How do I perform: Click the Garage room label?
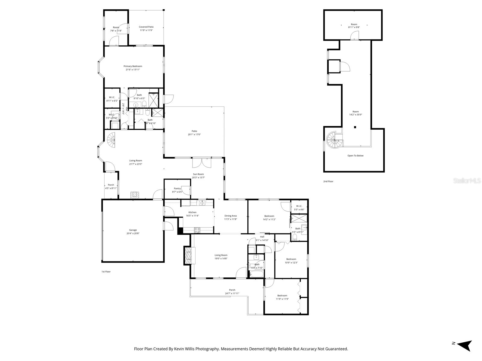tap(133, 230)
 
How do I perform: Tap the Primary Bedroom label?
tap(133, 66)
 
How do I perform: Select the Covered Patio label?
tap(146, 27)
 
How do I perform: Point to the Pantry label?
tap(177, 189)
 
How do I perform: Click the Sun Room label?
tap(198, 174)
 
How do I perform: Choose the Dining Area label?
tap(230, 216)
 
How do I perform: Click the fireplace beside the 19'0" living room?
tap(189, 255)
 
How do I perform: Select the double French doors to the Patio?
tap(202, 163)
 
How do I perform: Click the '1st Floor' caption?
tap(106, 272)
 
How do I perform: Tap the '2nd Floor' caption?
tap(328, 181)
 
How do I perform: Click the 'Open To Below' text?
tap(355, 156)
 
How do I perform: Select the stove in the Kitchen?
tap(197, 230)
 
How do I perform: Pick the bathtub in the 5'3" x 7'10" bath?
tap(256, 274)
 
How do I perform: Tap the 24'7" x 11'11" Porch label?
tap(232, 293)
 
